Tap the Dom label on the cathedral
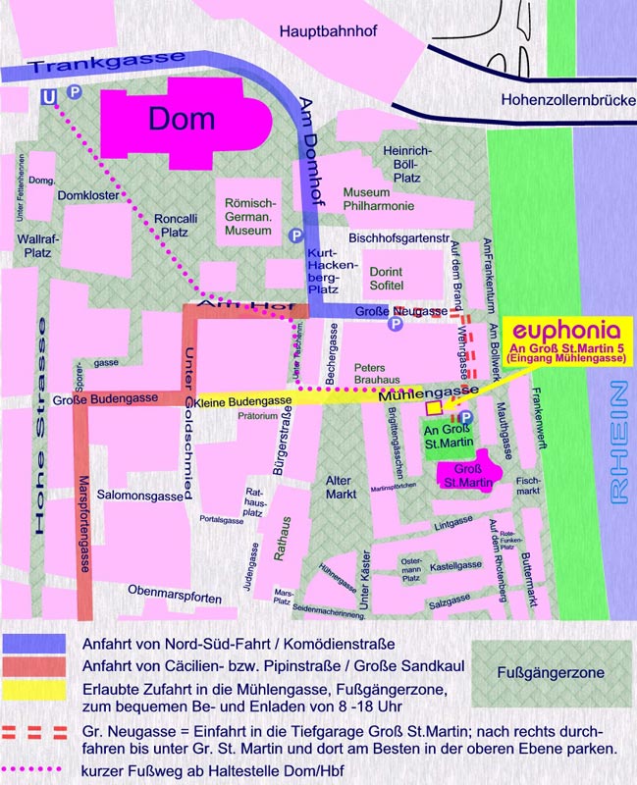pos(182,119)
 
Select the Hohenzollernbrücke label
pos(563,99)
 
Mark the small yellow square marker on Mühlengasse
pos(434,407)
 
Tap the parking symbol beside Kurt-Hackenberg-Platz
pos(295,235)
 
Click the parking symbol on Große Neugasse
pos(396,323)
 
